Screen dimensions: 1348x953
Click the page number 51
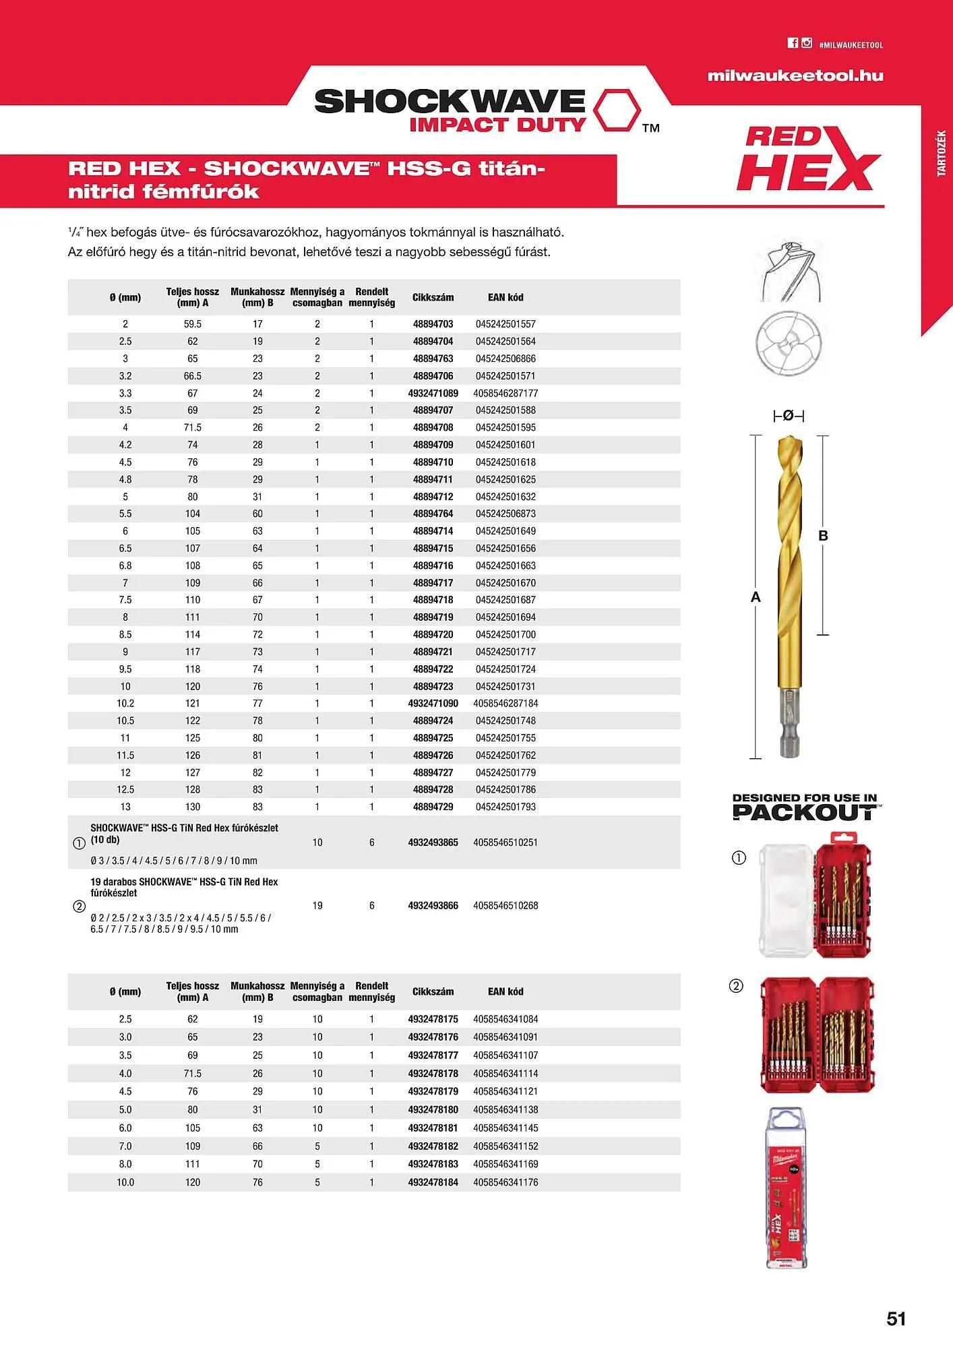[x=896, y=1319]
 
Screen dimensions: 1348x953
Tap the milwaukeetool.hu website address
[x=795, y=76]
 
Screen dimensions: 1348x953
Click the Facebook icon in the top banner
[x=793, y=43]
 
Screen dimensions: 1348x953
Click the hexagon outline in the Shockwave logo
[x=617, y=109]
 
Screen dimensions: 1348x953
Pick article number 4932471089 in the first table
[x=433, y=394]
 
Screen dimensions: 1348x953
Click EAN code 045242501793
[x=505, y=807]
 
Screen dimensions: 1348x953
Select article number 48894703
[x=433, y=324]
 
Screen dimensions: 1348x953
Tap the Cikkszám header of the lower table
[x=433, y=991]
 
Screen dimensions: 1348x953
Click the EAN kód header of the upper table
[x=505, y=297]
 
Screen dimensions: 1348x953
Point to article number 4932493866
[x=433, y=906]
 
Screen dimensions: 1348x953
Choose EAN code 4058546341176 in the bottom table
[x=505, y=1182]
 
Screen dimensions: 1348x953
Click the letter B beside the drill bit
[x=823, y=536]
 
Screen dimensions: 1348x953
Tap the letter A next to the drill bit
[x=756, y=597]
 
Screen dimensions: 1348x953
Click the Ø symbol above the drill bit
[x=788, y=416]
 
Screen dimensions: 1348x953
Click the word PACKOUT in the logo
[x=804, y=813]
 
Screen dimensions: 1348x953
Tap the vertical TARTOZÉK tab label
[x=942, y=154]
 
